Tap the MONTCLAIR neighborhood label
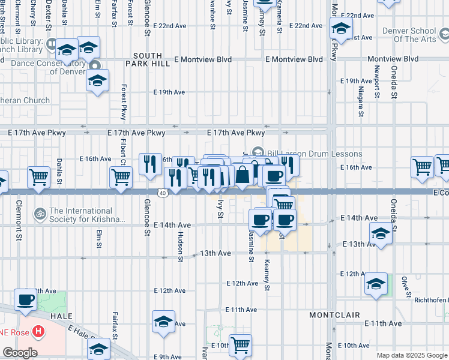point(334,315)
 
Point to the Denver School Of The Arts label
point(415,35)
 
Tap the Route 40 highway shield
point(163,193)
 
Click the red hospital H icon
point(39,331)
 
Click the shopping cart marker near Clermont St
point(39,178)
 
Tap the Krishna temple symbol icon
point(40,212)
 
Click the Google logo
point(20,353)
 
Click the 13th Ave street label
point(215,254)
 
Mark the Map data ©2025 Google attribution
point(412,355)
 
